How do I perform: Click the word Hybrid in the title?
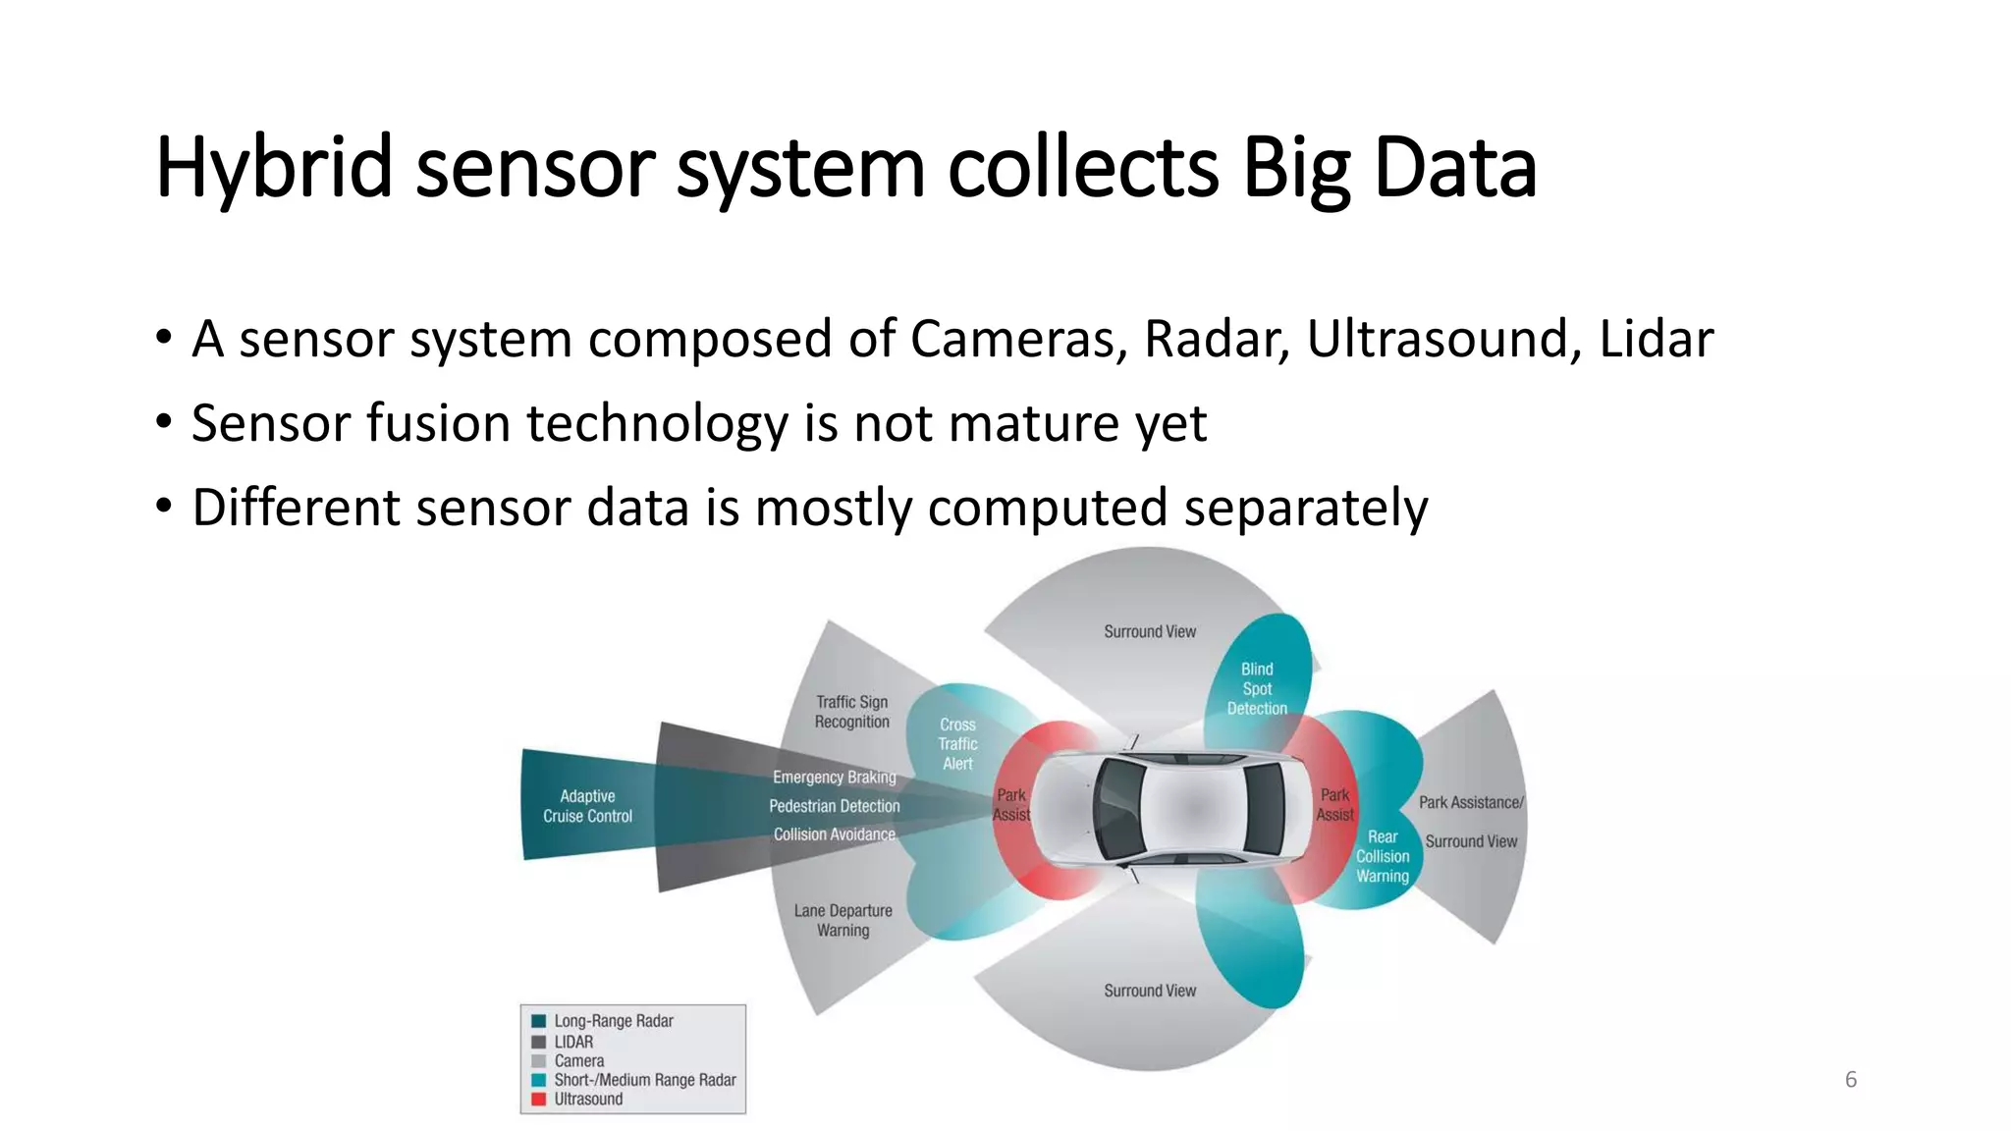point(274,169)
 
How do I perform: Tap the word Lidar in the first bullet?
point(1656,340)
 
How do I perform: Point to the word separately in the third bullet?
point(1305,509)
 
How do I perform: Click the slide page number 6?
point(1851,1080)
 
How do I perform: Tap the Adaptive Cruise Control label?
point(587,806)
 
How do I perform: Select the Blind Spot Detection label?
point(1257,688)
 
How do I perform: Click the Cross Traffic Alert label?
point(957,744)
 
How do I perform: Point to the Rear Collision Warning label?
point(1383,856)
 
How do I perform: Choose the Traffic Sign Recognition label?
point(851,712)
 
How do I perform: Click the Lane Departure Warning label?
point(842,920)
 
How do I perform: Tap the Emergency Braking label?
point(834,778)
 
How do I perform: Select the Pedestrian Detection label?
point(834,806)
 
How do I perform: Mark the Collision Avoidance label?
point(834,835)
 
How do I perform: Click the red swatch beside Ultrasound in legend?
point(538,1100)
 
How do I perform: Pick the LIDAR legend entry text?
point(573,1042)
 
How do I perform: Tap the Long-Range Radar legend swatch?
point(538,1021)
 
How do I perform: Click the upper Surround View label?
point(1150,632)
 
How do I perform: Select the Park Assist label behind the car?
point(1334,804)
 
